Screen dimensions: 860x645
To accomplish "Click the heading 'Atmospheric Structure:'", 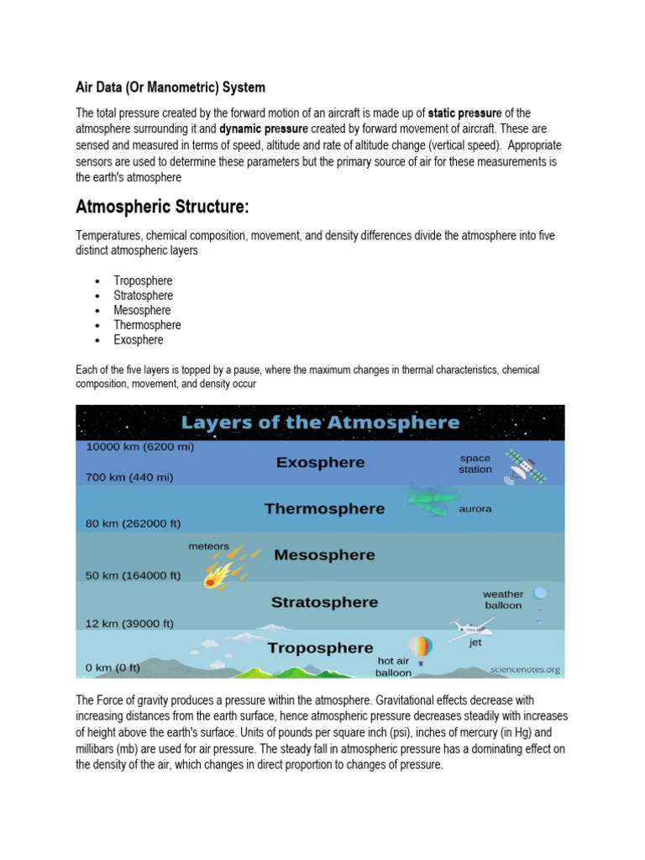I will pos(163,207).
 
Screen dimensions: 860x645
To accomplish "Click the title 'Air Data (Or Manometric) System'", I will pos(170,87).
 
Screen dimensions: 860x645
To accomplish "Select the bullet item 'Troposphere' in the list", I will pos(143,281).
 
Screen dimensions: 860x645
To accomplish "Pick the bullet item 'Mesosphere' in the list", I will pos(143,310).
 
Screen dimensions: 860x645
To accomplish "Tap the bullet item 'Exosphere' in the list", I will pos(139,340).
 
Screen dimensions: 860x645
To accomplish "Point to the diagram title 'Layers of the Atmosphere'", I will pos(321,422).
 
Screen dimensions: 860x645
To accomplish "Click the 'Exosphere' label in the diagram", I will pos(321,462).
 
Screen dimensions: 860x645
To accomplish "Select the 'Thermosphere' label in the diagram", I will pos(324,508).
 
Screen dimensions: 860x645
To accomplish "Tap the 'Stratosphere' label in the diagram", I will pos(324,602).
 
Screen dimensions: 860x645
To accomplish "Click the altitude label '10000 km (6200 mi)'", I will pos(139,447).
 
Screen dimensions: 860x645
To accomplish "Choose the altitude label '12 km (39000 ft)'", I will pos(130,623).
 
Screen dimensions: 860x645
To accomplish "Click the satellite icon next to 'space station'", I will pos(524,465).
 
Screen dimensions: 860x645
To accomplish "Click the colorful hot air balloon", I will pos(420,648).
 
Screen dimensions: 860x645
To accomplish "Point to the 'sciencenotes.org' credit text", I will pos(526,670).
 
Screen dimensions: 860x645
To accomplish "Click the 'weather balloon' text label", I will pos(503,600).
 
